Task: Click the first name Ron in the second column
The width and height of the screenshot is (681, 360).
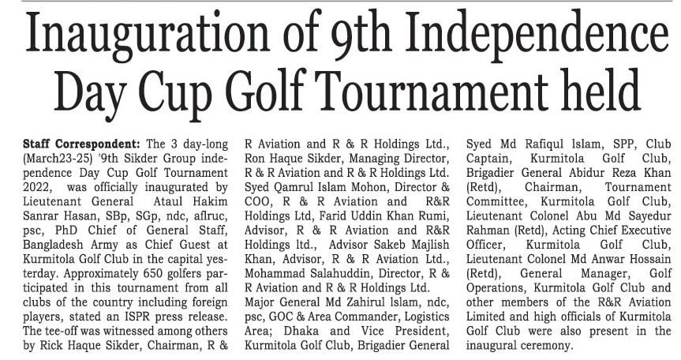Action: point(256,159)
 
